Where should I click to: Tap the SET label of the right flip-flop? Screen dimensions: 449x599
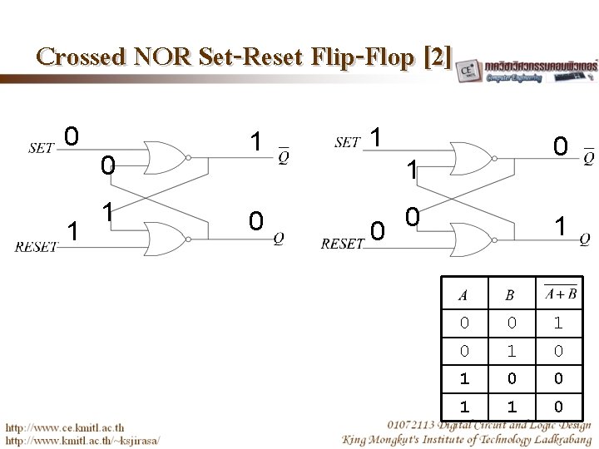point(348,143)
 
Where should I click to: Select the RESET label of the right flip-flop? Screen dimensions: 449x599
point(343,244)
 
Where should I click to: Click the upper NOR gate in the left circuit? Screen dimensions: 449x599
point(166,156)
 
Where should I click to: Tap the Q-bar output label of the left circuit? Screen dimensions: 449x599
point(284,155)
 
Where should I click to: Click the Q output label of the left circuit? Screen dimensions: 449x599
point(280,237)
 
